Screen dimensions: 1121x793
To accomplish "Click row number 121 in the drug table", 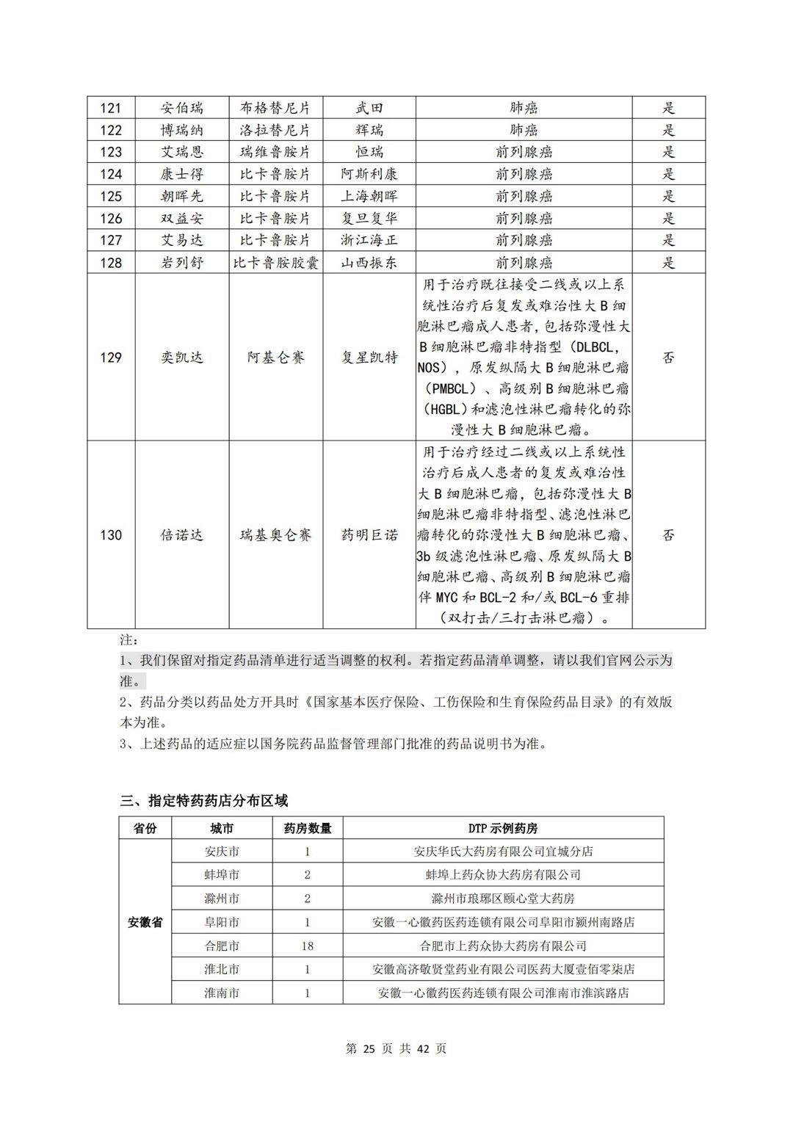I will tap(111, 108).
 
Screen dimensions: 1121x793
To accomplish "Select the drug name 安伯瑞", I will tap(182, 108).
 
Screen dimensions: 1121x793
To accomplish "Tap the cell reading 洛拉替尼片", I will tap(275, 130).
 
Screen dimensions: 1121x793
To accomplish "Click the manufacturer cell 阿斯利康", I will tap(369, 174).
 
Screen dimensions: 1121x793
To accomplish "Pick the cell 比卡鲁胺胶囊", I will tap(275, 263).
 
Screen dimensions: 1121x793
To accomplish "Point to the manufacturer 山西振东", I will tap(369, 263).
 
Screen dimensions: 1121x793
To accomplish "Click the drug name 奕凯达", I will tap(182, 358).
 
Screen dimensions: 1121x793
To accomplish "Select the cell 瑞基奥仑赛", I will tap(275, 535).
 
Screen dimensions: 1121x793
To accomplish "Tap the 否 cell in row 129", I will tap(668, 358).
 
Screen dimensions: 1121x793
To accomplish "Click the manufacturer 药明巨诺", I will tap(369, 535).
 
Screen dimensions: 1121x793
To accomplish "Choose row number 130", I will tap(111, 535).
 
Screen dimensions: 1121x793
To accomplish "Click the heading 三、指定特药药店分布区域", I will tap(204, 800).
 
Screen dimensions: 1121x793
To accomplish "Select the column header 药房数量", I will tap(308, 828).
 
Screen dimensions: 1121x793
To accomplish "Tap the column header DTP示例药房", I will tap(503, 828).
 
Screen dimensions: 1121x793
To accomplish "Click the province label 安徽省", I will tap(145, 922).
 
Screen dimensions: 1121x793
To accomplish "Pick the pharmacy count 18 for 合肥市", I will tap(308, 946).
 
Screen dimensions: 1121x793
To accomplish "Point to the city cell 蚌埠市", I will tap(222, 875).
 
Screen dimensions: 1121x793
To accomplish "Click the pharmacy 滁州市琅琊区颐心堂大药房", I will tap(503, 899).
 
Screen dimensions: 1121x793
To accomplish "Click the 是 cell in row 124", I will tap(668, 174).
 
